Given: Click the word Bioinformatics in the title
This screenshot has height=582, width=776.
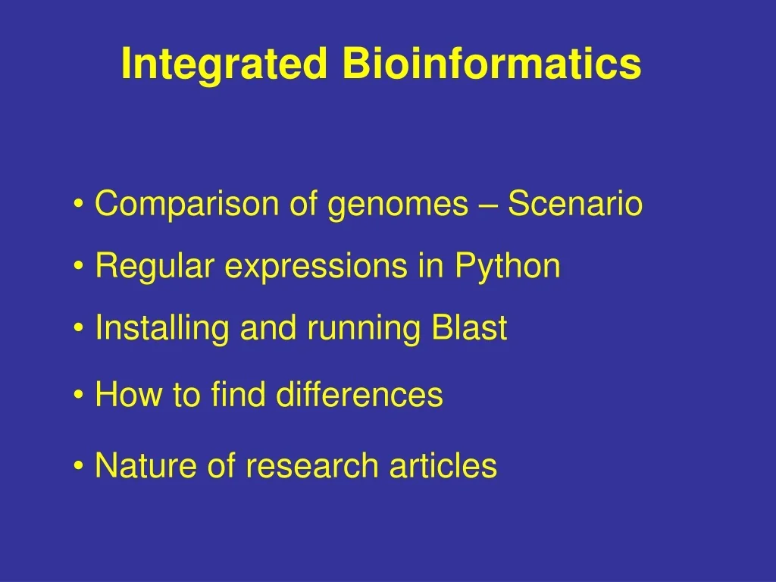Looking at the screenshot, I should (491, 64).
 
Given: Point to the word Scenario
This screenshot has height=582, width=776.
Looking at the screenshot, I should (574, 205).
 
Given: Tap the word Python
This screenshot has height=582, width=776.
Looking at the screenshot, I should (508, 267).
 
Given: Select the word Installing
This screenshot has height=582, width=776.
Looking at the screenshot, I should (163, 329).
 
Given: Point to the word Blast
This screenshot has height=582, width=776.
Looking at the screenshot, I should (468, 329).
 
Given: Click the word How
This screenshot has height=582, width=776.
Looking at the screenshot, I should (123, 395).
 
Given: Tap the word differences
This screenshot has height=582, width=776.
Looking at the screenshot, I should (359, 395).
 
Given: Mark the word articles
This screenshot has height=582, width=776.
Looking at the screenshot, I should (443, 465).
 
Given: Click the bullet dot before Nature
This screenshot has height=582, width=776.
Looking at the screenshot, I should (80, 466).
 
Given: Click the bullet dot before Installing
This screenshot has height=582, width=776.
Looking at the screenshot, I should (80, 330).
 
